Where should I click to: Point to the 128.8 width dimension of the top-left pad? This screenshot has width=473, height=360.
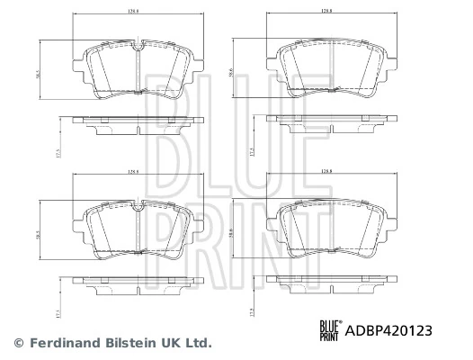click(134, 12)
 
